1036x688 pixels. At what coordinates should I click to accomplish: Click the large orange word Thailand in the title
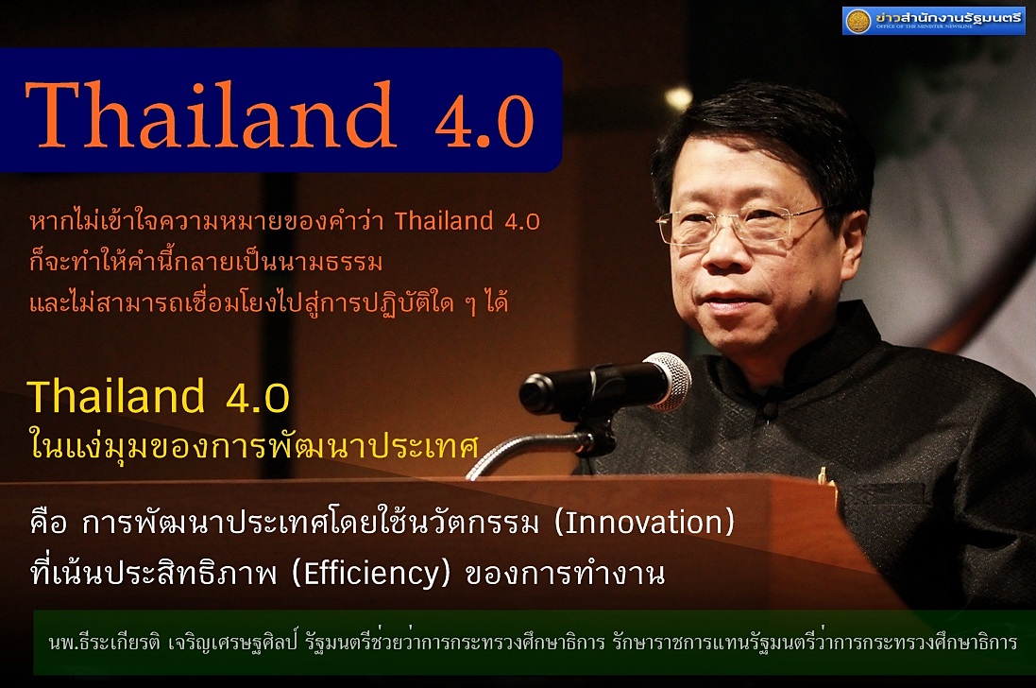[x=211, y=115]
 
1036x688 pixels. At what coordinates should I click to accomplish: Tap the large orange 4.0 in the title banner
[x=484, y=122]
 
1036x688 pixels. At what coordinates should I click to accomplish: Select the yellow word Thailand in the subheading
[x=116, y=397]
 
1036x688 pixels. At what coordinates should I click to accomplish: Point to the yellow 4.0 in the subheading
[x=258, y=398]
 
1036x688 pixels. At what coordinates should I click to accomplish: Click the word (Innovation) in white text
[x=644, y=523]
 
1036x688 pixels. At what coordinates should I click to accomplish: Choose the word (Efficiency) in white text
[x=370, y=574]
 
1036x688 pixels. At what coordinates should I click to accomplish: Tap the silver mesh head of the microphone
[x=668, y=381]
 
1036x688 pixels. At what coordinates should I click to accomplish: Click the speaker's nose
[x=722, y=253]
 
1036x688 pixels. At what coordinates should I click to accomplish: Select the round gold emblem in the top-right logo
[x=858, y=21]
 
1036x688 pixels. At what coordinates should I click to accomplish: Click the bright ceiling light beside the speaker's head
[x=678, y=98]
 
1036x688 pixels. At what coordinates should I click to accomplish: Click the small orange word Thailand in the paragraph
[x=444, y=221]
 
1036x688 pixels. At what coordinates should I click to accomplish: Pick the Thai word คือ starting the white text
[x=48, y=522]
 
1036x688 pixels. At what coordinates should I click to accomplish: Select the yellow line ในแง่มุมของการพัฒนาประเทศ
[x=253, y=445]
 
